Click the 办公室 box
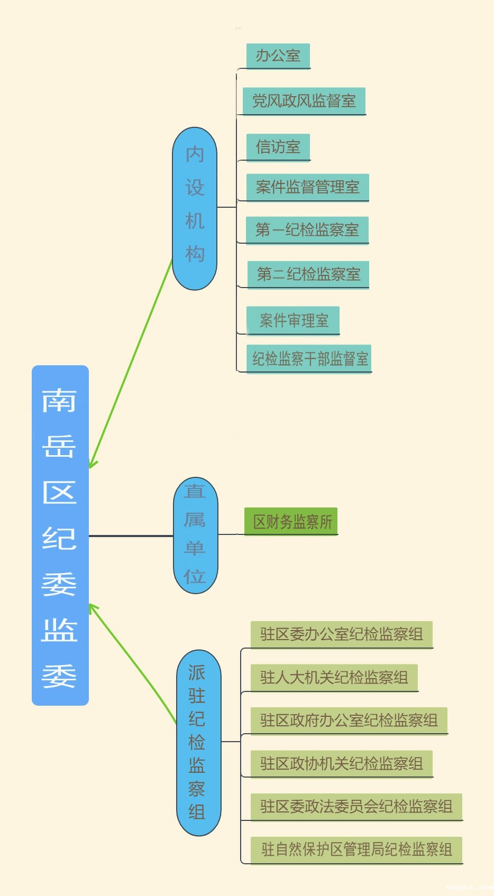coord(278,56)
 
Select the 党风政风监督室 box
coord(304,100)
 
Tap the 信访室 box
coord(278,146)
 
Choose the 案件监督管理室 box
coord(308,187)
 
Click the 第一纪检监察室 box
coord(307,229)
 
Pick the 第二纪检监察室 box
coord(308,274)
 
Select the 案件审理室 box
coord(293,320)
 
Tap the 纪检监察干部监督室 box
coord(309,358)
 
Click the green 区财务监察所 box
coord(291,521)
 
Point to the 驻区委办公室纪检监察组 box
coord(342,634)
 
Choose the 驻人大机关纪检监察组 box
coord(334,677)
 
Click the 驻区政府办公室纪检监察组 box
coord(349,720)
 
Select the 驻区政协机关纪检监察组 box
coord(342,763)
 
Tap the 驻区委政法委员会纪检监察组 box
coord(356,806)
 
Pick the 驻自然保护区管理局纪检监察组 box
coord(356,849)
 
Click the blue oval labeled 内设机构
coord(195,208)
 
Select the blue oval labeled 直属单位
coord(195,535)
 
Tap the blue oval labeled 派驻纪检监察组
coord(198,742)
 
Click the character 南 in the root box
coord(60,400)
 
